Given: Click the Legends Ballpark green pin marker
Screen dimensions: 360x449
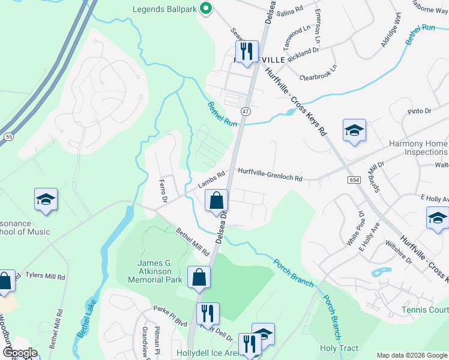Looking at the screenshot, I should [x=206, y=9].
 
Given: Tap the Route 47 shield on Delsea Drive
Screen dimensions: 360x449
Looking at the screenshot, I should [x=246, y=112].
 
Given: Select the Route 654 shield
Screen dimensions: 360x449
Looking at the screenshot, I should [x=353, y=179].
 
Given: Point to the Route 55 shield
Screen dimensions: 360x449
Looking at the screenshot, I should [x=8, y=137].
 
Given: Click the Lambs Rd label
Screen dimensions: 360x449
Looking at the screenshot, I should [x=212, y=178].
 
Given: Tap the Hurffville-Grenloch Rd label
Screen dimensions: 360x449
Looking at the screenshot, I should [x=270, y=175].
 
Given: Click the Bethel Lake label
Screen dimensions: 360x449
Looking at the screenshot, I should [x=85, y=327].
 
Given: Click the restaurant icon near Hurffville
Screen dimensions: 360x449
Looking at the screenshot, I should [x=246, y=52].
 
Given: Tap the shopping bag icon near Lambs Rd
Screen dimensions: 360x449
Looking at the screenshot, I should [x=217, y=201].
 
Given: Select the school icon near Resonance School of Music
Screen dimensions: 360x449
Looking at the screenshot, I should [x=45, y=200].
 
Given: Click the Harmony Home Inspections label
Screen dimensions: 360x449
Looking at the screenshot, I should [x=418, y=148].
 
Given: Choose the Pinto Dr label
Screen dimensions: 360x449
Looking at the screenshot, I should [x=420, y=111].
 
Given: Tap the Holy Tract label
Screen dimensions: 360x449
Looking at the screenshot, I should [x=339, y=348].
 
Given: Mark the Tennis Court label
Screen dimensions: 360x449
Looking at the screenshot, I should [x=426, y=310].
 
